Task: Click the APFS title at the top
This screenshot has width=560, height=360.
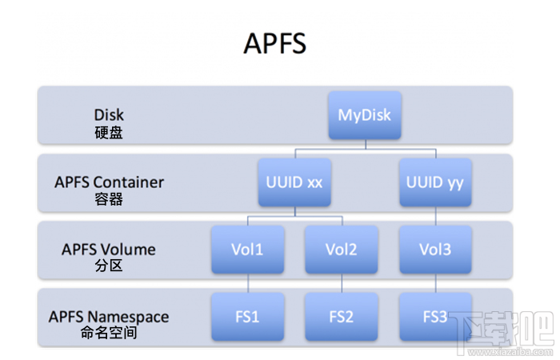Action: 274,43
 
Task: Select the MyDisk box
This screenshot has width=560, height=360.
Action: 364,115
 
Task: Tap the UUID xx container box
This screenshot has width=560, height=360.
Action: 294,182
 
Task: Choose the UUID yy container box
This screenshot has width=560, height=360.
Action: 434,182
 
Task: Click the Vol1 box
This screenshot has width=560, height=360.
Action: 247,249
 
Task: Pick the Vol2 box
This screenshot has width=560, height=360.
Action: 341,249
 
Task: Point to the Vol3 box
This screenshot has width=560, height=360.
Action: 434,249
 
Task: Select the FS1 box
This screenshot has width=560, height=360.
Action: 247,316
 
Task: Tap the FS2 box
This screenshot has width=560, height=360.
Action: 341,316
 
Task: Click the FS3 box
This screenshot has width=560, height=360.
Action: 434,316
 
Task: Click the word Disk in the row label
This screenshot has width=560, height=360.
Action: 109,115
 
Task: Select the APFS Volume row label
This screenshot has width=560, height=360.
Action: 109,249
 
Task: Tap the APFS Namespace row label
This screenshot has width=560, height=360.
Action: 109,317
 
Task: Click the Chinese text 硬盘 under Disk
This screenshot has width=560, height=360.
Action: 109,133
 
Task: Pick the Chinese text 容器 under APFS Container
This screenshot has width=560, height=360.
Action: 109,199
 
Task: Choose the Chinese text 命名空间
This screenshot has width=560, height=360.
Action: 109,333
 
